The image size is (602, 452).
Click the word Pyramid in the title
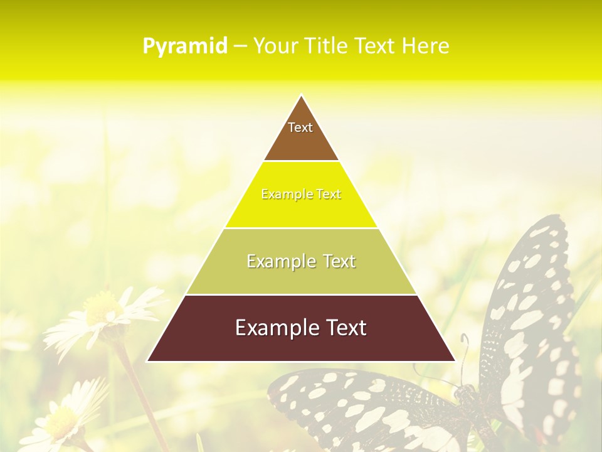click(x=184, y=46)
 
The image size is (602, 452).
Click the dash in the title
click(x=240, y=46)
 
